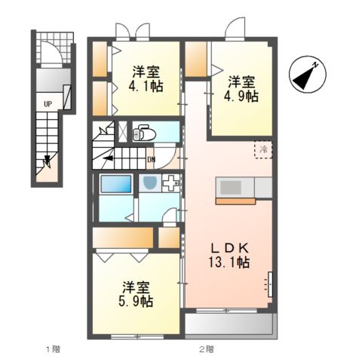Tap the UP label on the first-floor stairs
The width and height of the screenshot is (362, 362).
(x=48, y=103)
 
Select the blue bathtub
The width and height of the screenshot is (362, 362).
(x=115, y=185)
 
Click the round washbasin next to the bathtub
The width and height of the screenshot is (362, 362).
(x=149, y=184)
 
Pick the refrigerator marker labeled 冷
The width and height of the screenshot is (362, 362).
(x=264, y=151)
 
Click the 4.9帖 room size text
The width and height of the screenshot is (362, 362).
(x=239, y=96)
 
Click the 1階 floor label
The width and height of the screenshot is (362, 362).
(x=51, y=348)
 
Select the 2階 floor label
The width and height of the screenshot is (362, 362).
(x=206, y=348)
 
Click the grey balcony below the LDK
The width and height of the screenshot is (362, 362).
(x=229, y=324)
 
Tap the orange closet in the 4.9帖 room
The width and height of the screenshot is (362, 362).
(x=195, y=60)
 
